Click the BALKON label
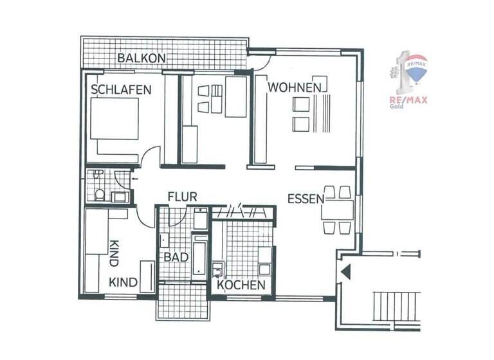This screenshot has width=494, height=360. click(x=142, y=59)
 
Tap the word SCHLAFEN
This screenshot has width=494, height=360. click(x=121, y=90)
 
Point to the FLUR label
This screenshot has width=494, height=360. click(x=182, y=197)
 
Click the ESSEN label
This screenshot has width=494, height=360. click(x=306, y=198)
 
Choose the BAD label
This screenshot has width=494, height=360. click(x=176, y=257)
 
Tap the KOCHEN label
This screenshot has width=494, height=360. click(x=241, y=285)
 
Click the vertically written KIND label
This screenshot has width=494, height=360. click(x=114, y=254)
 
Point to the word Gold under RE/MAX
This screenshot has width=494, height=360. click(x=397, y=107)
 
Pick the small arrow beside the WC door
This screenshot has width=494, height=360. click(x=133, y=172)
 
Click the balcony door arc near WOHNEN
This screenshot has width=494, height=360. click(x=261, y=61)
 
